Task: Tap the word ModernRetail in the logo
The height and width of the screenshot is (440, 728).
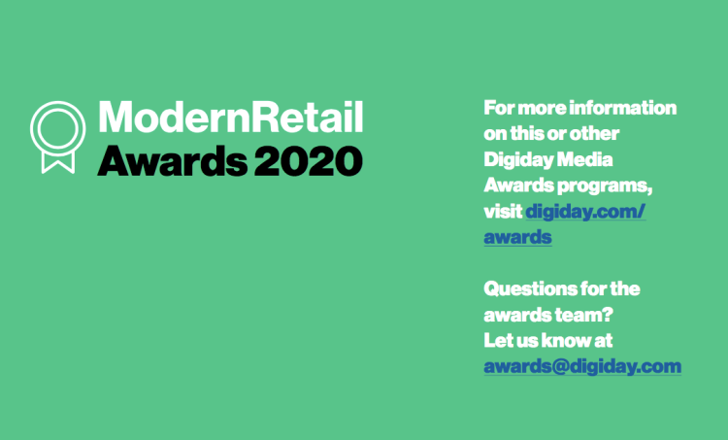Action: tap(231, 118)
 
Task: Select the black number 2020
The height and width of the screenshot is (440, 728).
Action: tap(309, 161)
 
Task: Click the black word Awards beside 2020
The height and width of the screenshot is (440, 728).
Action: tap(172, 161)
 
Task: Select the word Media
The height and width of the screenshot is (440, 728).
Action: tap(584, 160)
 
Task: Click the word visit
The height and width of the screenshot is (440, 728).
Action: tap(503, 212)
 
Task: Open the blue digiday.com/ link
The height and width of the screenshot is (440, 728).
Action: tap(585, 212)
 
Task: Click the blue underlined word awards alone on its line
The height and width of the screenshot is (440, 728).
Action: tap(517, 237)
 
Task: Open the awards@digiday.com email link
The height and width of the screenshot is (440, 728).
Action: tap(582, 366)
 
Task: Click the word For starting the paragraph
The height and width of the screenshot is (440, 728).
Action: tap(499, 108)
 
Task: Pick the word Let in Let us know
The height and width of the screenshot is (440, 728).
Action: tap(497, 341)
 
